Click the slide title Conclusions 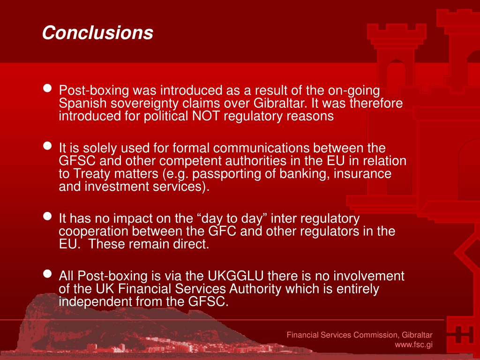pos(97,32)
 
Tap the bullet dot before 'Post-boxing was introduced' pos(47,88)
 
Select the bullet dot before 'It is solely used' pos(47,146)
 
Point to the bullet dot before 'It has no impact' pos(47,216)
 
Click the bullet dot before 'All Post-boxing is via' pos(47,274)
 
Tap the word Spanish pos(82,103)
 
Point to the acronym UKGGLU pos(235,276)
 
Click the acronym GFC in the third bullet pos(222,231)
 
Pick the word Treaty pos(92,174)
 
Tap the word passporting pos(227,174)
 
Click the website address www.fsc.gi pos(413,345)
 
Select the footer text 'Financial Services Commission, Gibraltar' pos(360,335)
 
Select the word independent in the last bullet pos(95,302)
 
